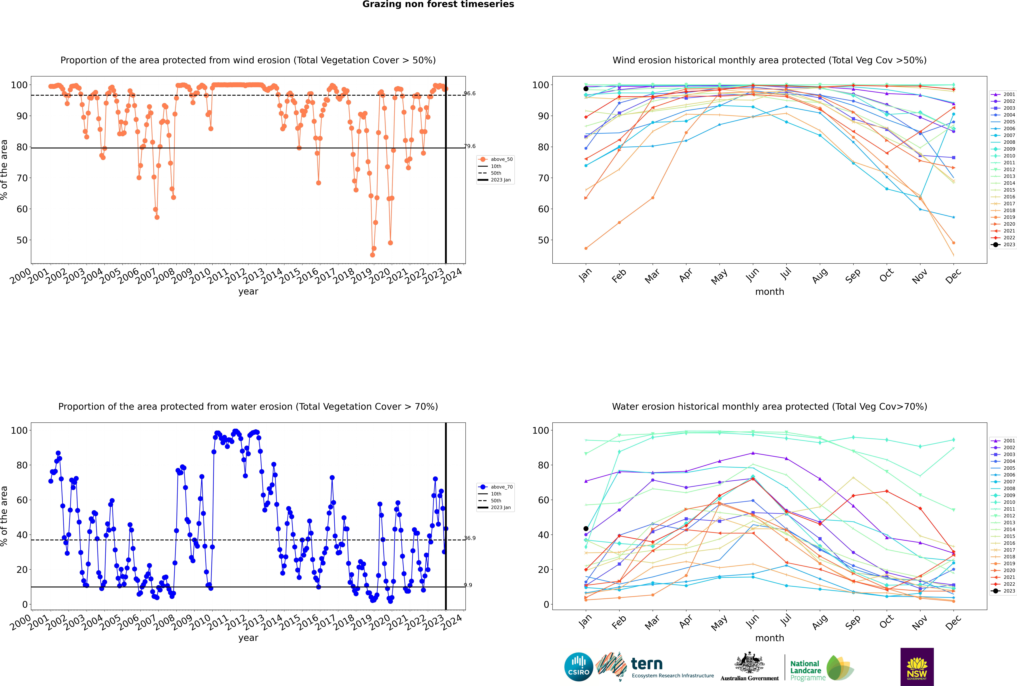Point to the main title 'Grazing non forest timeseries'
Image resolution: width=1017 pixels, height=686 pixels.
coord(438,4)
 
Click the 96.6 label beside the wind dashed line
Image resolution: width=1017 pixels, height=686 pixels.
coord(470,94)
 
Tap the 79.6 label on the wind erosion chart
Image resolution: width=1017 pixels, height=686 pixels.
coord(470,146)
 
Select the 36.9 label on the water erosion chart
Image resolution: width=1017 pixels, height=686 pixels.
coord(470,538)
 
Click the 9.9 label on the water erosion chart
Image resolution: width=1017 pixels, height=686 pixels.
coord(468,585)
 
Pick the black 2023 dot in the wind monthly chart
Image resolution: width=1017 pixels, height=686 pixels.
coord(586,89)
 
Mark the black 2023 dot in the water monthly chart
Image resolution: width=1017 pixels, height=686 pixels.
coord(586,528)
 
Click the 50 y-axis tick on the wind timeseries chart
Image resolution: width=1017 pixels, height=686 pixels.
coord(22,240)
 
